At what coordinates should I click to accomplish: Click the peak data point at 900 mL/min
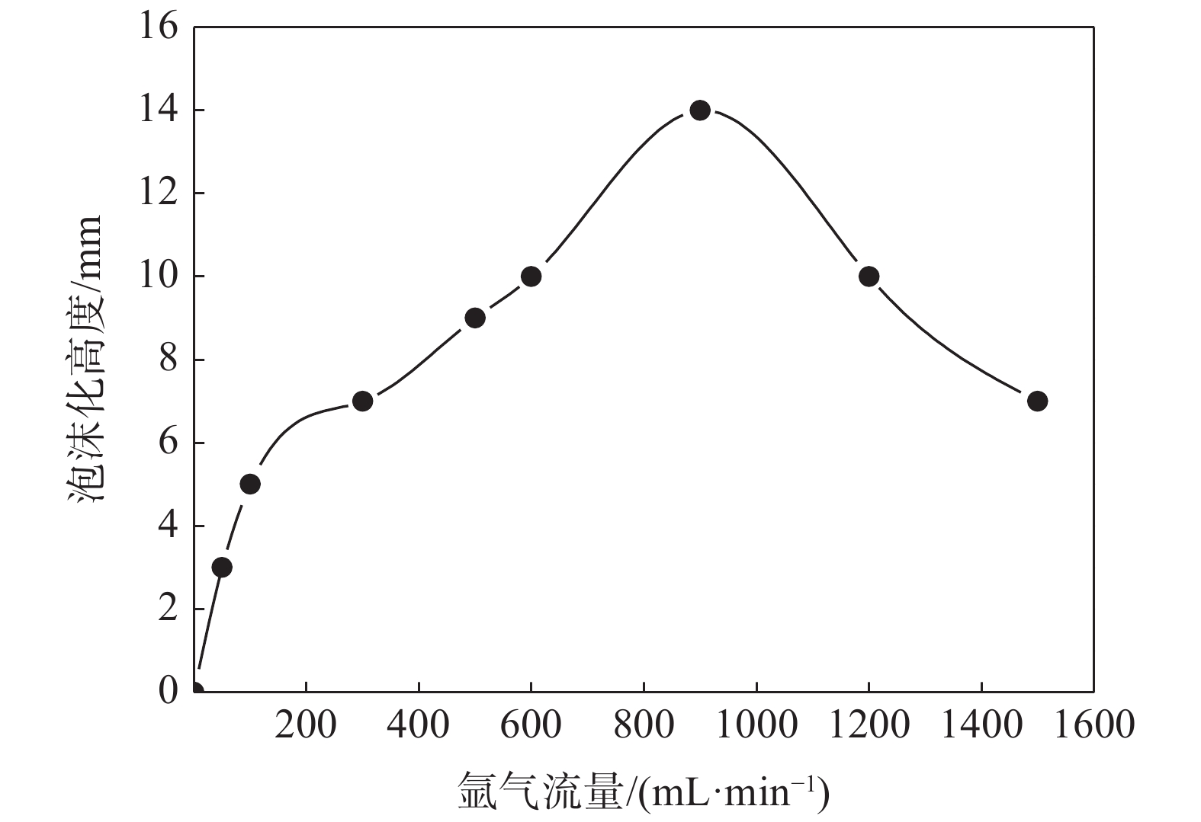coord(700,110)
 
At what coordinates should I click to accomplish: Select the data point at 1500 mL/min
coord(1037,401)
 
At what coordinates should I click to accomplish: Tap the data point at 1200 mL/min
coord(869,277)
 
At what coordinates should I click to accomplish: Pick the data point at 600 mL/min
coord(531,277)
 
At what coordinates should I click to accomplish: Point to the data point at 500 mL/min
coord(475,318)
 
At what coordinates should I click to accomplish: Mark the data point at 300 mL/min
coord(363,401)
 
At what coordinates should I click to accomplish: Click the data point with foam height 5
coord(250,484)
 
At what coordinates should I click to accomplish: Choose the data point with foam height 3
coord(222,567)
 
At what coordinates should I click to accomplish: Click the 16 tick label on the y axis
coord(158,27)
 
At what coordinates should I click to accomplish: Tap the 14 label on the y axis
coord(158,110)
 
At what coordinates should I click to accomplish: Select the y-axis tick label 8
coord(168,360)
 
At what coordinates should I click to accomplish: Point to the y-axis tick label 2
coord(168,609)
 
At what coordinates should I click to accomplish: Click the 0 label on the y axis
coord(168,691)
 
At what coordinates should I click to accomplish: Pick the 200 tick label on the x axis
coord(306,724)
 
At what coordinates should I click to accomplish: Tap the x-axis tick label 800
coord(644,724)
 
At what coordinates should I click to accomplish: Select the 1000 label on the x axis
coord(756,724)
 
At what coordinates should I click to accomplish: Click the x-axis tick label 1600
coord(1093,724)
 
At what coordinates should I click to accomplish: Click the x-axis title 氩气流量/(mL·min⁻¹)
coord(643,792)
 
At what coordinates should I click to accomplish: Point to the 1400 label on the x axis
coord(981,724)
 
